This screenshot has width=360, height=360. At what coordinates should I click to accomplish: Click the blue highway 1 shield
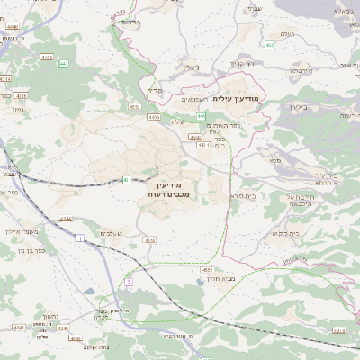click(79, 238)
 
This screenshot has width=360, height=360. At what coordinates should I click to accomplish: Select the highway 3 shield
click(130, 282)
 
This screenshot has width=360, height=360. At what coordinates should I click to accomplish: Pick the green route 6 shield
click(125, 180)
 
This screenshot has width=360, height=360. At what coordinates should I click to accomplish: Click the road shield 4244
click(66, 218)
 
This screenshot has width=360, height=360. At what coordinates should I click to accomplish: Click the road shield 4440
click(10, 28)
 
